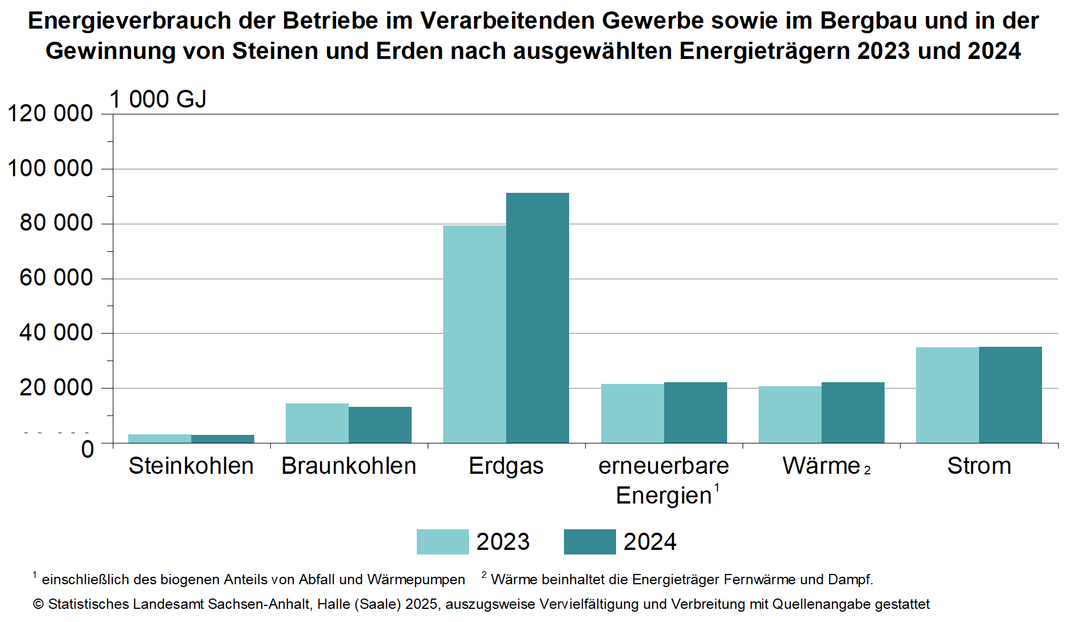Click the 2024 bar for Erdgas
click(537, 318)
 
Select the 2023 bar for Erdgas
click(474, 334)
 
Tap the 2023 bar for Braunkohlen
click(317, 423)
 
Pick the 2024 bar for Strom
click(1010, 395)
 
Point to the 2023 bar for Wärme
click(790, 414)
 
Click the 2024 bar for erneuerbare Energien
click(695, 412)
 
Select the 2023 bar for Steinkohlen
click(159, 438)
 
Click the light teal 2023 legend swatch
click(442, 542)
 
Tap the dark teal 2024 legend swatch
click(589, 542)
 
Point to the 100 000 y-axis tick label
click(50, 168)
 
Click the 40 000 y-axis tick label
click(56, 332)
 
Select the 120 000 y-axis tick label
click(50, 113)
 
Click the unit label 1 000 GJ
click(157, 99)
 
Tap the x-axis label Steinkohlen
click(191, 466)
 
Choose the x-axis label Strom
click(978, 466)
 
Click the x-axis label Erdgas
click(506, 466)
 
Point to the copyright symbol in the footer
click(38, 604)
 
